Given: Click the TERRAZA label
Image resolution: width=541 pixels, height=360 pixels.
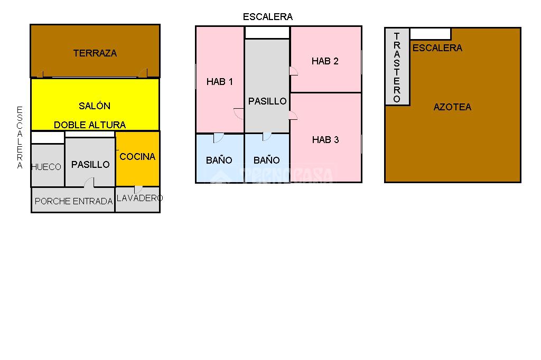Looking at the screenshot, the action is [x=95, y=53].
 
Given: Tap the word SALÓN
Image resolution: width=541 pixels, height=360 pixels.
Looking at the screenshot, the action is [x=95, y=106].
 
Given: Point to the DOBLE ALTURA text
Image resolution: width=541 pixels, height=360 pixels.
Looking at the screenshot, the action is [x=90, y=125].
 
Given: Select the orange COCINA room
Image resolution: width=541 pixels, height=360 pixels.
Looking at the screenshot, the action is [x=137, y=157].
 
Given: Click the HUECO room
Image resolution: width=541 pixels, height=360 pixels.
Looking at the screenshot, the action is [x=46, y=167].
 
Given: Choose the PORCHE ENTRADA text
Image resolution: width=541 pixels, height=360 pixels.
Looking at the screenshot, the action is [x=73, y=202].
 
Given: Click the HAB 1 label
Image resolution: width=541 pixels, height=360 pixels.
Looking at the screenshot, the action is [x=220, y=82].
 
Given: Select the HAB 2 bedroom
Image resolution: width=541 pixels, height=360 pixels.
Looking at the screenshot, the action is [x=325, y=61].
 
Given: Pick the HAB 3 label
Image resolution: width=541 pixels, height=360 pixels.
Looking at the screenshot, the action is [x=325, y=140].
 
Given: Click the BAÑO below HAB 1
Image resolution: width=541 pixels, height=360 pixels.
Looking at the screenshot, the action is [x=219, y=160].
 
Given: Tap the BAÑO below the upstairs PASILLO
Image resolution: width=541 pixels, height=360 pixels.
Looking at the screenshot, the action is [x=267, y=160].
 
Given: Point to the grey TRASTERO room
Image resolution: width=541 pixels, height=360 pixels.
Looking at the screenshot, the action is [x=397, y=68].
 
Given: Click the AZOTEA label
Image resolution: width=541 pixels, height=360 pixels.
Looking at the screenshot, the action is [x=452, y=107].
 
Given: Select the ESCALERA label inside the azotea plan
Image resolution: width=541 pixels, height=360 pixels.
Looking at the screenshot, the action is [x=437, y=48].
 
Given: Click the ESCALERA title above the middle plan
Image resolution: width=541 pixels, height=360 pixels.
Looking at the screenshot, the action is [x=268, y=17].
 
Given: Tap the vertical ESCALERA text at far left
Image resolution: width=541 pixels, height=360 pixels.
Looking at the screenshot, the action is [x=20, y=137].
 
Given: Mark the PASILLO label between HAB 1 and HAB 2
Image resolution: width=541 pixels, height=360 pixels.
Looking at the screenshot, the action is [x=267, y=101].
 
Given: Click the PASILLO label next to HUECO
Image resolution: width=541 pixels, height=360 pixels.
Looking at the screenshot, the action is [x=90, y=165].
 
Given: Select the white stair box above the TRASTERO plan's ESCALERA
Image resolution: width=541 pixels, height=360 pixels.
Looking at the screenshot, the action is [x=431, y=34].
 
